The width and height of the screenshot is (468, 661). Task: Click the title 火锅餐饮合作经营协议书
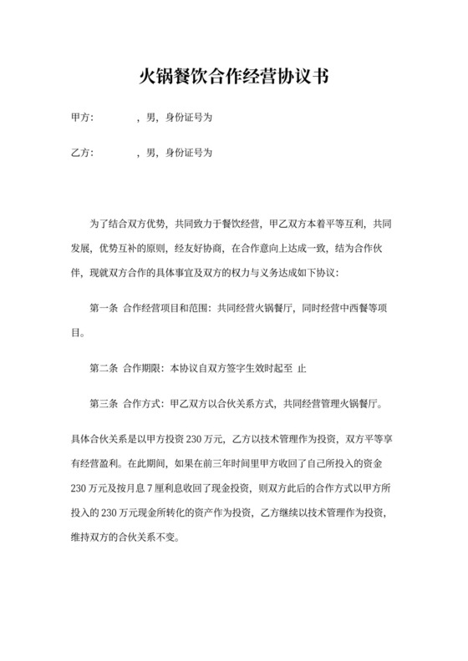tap(233, 78)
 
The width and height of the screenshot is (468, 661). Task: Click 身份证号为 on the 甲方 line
tap(190, 119)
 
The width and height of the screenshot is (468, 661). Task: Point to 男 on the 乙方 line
tap(150, 154)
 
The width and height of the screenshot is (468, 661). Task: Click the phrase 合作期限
tap(144, 368)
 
